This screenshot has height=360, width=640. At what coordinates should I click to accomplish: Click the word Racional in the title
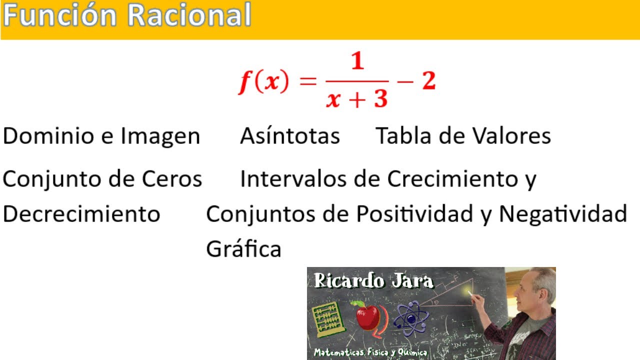click(x=189, y=16)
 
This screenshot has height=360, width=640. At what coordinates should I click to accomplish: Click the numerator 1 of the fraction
click(x=357, y=62)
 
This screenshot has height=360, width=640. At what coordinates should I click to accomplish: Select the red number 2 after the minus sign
click(x=428, y=81)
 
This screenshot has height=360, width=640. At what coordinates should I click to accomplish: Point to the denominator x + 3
click(x=357, y=98)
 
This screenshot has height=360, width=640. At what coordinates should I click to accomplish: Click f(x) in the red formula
click(x=263, y=82)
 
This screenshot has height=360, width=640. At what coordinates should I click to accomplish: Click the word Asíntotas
click(x=290, y=136)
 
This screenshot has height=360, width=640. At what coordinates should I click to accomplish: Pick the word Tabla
click(x=401, y=136)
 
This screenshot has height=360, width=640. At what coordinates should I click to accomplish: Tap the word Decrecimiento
click(x=81, y=214)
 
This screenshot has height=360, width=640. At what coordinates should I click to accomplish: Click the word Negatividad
click(x=563, y=214)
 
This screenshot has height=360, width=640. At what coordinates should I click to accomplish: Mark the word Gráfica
click(x=243, y=248)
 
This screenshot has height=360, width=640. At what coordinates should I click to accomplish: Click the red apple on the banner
click(x=367, y=316)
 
